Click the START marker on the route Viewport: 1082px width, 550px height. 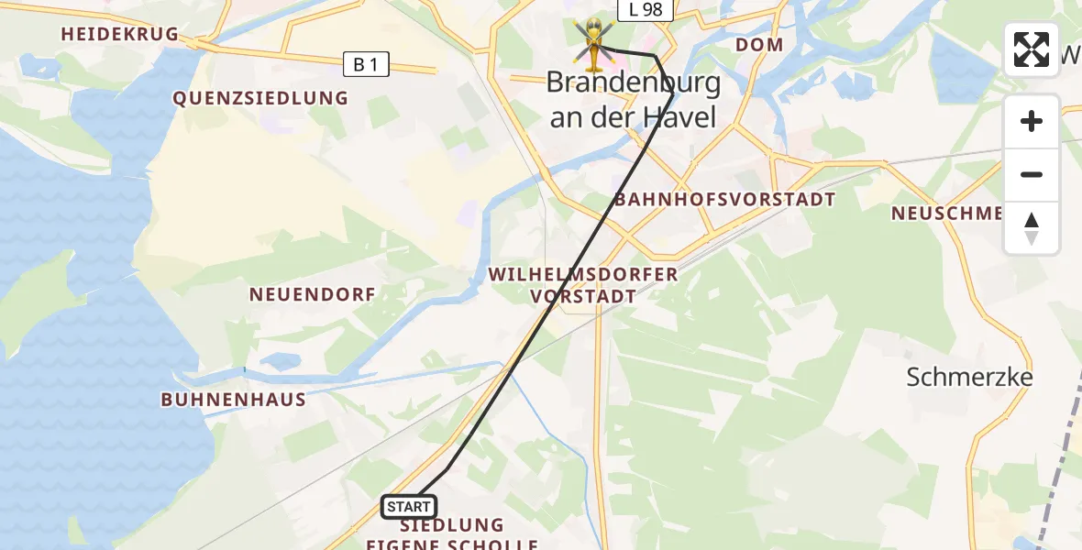coord(409,506)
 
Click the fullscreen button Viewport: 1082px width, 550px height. coord(1031,49)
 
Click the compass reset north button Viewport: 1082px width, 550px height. coord(1032,228)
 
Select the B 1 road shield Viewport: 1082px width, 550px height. coord(365,64)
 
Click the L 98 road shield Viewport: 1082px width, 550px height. coord(646,10)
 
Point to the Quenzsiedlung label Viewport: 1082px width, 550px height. coord(260,98)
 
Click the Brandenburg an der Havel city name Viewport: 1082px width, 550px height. coord(633,100)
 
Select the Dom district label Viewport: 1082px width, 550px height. coord(759,44)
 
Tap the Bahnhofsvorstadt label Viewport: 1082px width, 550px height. coord(724,200)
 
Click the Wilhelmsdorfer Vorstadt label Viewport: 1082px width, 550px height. coord(583,285)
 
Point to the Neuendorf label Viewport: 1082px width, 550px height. coord(313,294)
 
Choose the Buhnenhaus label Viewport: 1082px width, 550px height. coord(233,400)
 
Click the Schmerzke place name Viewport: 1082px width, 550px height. coord(969,377)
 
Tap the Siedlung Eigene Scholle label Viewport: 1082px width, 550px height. coord(452,534)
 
